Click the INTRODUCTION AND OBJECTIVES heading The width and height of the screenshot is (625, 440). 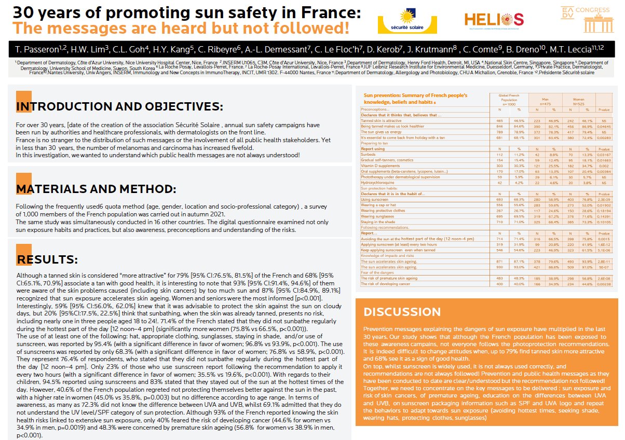[x=119, y=107]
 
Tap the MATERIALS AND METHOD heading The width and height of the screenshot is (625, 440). [x=96, y=189]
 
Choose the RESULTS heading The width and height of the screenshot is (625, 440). [x=47, y=259]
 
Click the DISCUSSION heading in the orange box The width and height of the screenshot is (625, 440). [x=402, y=312]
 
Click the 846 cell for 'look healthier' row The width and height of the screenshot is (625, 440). [x=499, y=126]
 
